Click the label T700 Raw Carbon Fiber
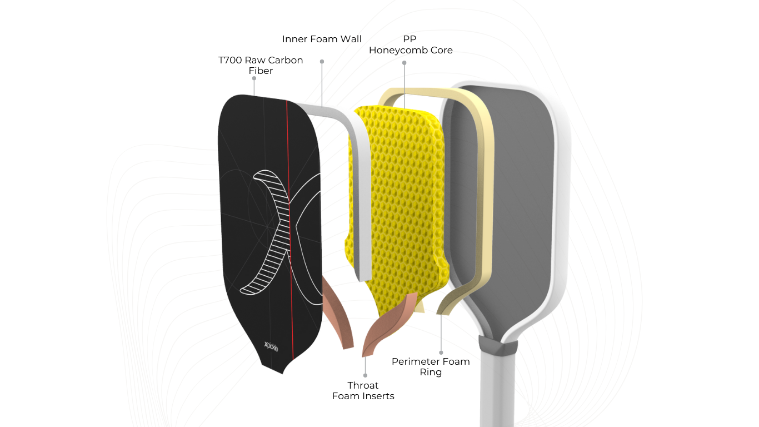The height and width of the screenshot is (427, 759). pyautogui.click(x=261, y=66)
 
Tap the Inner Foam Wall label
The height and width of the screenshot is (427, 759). pyautogui.click(x=322, y=39)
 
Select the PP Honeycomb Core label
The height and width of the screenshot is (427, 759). pyautogui.click(x=411, y=45)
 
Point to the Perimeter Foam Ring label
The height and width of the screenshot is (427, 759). pyautogui.click(x=431, y=366)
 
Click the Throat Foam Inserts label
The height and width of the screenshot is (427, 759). pyautogui.click(x=363, y=390)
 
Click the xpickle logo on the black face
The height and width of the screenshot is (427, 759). pyautogui.click(x=271, y=347)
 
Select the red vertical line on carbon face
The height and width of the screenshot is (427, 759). pyautogui.click(x=289, y=222)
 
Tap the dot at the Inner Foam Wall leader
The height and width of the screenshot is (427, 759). pyautogui.click(x=322, y=61)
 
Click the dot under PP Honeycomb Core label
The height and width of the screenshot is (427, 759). pyautogui.click(x=405, y=63)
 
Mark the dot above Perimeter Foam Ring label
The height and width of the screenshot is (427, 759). pyautogui.click(x=441, y=352)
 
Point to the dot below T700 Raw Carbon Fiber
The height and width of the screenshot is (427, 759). pyautogui.click(x=254, y=78)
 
